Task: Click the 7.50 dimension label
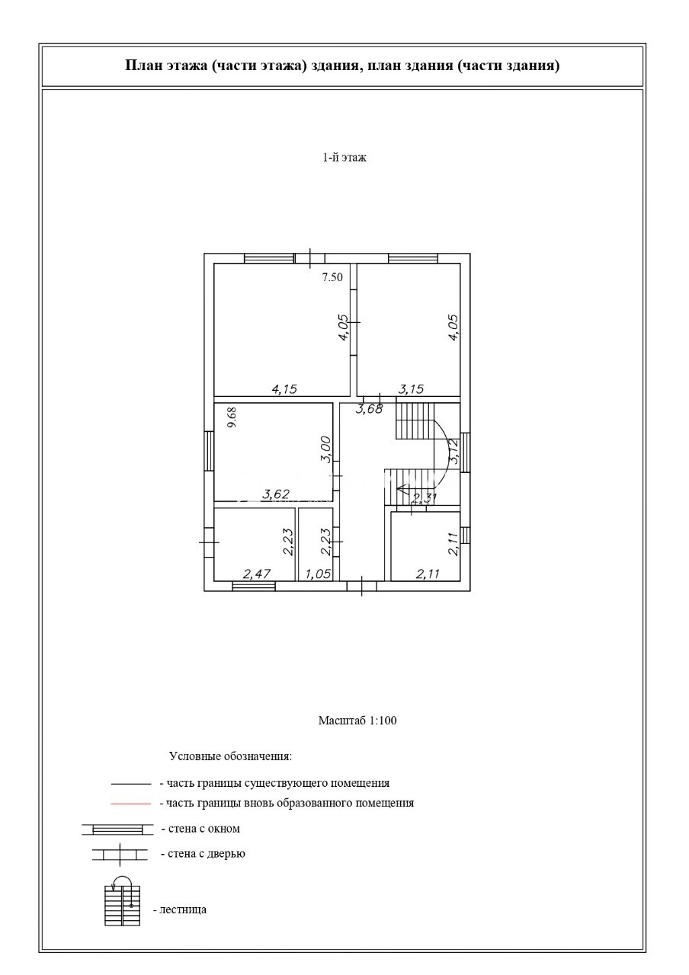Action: [332, 277]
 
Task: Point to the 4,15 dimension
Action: [284, 389]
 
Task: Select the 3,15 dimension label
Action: [411, 389]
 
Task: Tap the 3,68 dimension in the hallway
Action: [369, 410]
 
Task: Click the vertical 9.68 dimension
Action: [232, 417]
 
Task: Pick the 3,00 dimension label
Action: [325, 449]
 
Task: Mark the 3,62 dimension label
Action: [275, 494]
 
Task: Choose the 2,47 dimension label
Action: [257, 574]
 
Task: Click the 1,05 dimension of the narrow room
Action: [318, 574]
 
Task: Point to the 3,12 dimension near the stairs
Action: [453, 452]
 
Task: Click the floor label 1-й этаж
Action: [344, 158]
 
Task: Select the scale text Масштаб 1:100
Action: [357, 720]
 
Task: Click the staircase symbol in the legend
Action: [123, 902]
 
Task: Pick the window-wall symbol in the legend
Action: [112, 830]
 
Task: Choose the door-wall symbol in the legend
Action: [119, 855]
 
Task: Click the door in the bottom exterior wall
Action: [361, 586]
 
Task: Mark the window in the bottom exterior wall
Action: [253, 586]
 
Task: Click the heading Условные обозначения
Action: [230, 757]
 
